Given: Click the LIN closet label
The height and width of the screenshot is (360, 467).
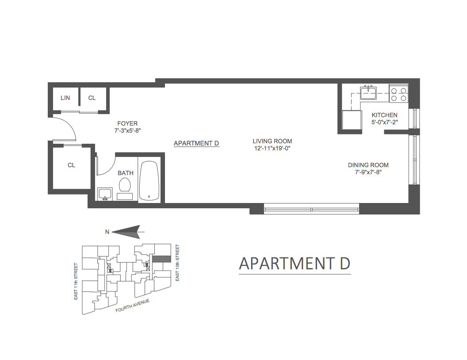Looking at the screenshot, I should click(x=65, y=98).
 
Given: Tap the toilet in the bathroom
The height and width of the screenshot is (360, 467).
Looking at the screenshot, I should click(x=125, y=186).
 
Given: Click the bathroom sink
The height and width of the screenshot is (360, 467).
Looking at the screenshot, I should click(x=105, y=194).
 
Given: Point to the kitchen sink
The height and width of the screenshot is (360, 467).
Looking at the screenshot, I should click(x=368, y=93).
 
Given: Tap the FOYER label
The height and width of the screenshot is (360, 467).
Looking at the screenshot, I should click(x=127, y=123).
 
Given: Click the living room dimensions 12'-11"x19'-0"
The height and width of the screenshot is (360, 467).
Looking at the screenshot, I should click(x=272, y=149).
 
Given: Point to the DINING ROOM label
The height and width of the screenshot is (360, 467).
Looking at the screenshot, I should click(x=368, y=165).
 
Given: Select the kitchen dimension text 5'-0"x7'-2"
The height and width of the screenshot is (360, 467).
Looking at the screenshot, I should click(x=384, y=123).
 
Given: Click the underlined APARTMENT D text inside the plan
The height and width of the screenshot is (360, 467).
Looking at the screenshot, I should click(x=196, y=143).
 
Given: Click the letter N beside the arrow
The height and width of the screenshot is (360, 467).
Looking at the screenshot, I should click(x=107, y=231).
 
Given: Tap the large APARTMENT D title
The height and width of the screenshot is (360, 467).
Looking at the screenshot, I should click(x=295, y=263).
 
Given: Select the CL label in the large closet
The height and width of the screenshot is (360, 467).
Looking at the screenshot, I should click(x=71, y=165).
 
